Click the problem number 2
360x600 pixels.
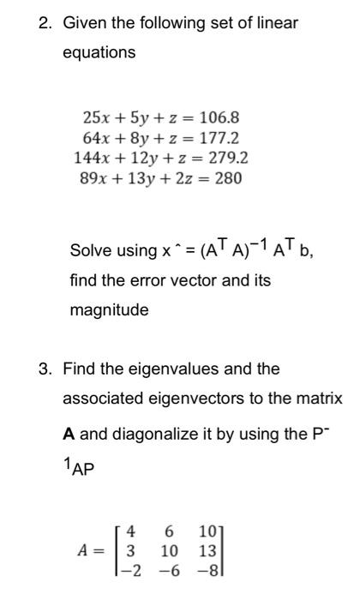point(45,23)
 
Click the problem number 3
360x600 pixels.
point(45,369)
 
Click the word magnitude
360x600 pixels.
point(109,309)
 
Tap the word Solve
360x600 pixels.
point(90,251)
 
